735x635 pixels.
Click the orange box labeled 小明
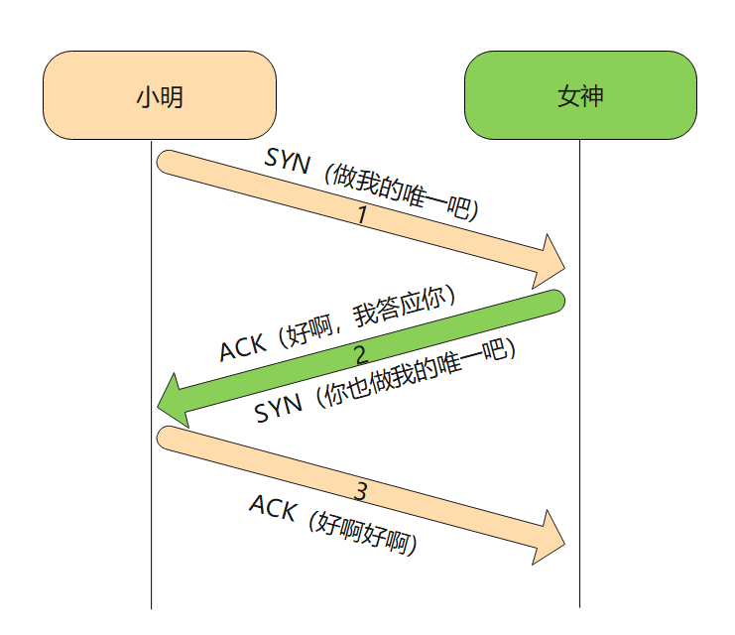[159, 95]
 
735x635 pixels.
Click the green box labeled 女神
[580, 95]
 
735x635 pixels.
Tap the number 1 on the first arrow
[362, 214]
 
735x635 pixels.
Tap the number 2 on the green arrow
[360, 354]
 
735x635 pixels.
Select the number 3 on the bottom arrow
[361, 490]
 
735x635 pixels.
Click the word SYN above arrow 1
[288, 160]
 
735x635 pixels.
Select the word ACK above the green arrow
[243, 346]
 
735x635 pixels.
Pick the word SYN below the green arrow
[278, 408]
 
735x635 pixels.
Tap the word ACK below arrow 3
[273, 508]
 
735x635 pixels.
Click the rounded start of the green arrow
[552, 301]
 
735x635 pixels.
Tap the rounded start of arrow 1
[169, 164]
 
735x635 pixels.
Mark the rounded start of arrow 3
[169, 440]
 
